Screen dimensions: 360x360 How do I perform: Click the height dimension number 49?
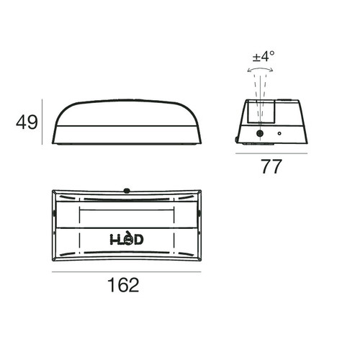(x=27, y=123)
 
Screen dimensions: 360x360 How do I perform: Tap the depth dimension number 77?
(x=270, y=167)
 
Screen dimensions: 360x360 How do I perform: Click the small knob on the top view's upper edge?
(x=125, y=190)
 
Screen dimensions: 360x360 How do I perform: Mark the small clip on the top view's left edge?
(x=54, y=214)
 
